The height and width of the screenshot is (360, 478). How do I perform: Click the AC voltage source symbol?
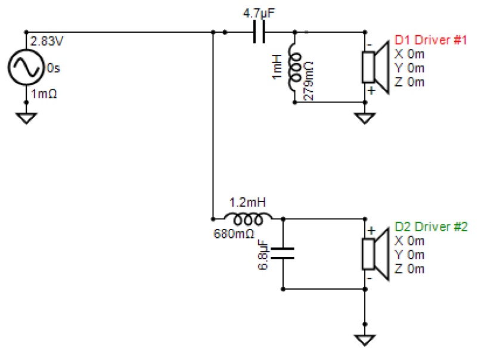(x=26, y=67)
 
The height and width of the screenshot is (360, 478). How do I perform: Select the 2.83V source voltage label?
(x=46, y=41)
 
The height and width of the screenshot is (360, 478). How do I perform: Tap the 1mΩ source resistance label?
(x=44, y=94)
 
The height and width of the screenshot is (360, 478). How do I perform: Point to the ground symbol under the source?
(x=26, y=118)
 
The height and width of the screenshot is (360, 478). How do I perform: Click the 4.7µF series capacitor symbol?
(x=259, y=32)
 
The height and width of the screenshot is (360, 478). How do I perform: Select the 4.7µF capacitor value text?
(x=259, y=13)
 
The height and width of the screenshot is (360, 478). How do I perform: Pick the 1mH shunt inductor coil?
(x=294, y=67)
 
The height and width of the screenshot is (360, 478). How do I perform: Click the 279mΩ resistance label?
(x=309, y=81)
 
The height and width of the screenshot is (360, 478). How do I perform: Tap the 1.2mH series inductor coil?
(x=248, y=218)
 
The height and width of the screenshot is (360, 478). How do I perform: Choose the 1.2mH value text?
(x=247, y=203)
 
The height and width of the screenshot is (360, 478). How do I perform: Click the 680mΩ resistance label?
(x=234, y=234)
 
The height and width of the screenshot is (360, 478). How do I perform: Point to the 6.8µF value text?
(x=263, y=256)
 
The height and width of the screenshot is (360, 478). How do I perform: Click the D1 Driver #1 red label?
(x=431, y=40)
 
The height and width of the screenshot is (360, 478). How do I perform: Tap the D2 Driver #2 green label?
(x=431, y=227)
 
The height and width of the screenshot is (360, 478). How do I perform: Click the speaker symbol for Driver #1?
(x=375, y=67)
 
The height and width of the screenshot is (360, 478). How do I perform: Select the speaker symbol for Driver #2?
(x=375, y=255)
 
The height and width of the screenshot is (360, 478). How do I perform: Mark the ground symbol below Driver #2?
(x=365, y=340)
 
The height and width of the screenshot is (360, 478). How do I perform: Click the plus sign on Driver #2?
(x=371, y=231)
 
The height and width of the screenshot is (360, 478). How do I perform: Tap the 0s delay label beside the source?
(x=54, y=69)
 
